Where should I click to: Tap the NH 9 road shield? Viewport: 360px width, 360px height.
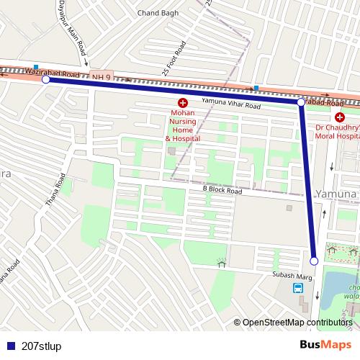101,76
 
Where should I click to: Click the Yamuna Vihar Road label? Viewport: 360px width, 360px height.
230,105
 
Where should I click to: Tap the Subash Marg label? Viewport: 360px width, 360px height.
291,274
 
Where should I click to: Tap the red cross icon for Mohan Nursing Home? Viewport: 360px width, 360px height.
183,103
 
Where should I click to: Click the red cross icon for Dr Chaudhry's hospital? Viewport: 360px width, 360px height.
339,117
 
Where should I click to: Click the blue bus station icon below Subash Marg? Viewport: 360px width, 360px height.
297,289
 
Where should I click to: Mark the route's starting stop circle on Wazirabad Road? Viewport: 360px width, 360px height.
46,80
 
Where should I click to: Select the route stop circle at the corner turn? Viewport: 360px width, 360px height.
301,104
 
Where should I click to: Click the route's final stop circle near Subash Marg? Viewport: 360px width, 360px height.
314,261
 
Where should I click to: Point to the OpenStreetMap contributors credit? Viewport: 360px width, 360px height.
297,323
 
